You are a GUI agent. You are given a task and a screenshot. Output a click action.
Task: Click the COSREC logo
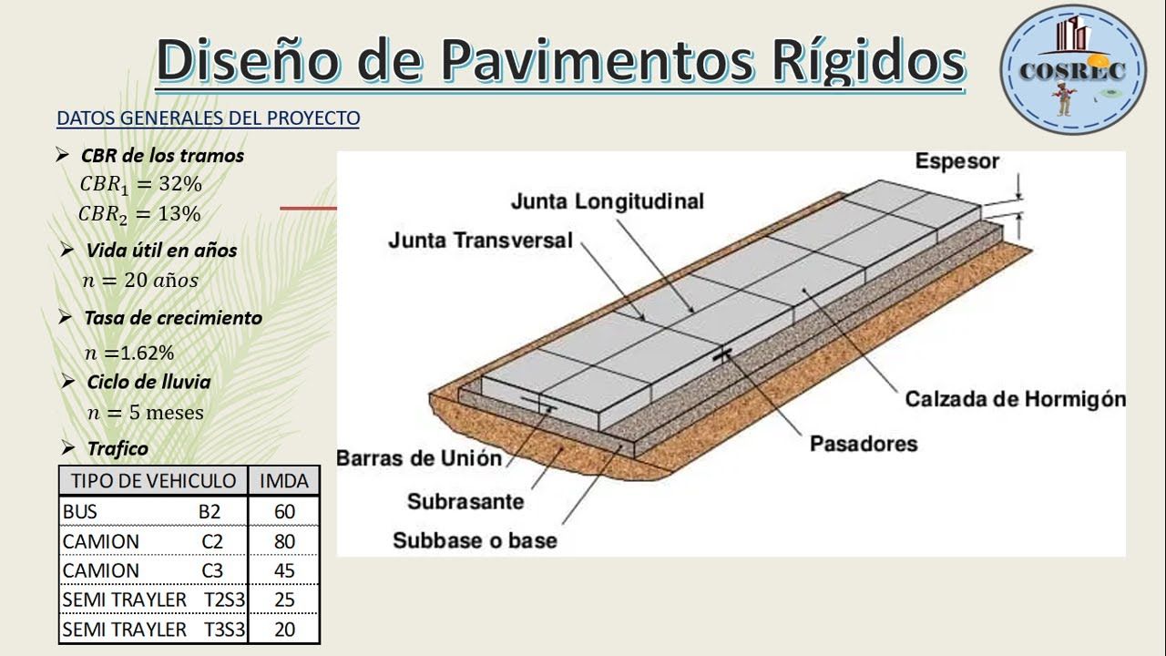click(1073, 69)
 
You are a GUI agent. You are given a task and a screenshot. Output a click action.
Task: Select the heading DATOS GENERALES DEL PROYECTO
click(208, 118)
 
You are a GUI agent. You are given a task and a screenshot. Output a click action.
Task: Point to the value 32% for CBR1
click(179, 184)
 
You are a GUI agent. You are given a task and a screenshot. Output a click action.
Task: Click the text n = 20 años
click(139, 281)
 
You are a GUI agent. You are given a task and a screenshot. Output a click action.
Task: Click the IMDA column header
click(284, 481)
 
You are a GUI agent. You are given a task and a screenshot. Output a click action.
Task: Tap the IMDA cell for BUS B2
click(284, 512)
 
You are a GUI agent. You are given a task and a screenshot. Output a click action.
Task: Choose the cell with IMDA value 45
click(284, 570)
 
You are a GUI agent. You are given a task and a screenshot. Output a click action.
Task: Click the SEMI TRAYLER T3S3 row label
click(152, 630)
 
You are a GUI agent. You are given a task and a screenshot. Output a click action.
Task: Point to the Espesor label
click(956, 162)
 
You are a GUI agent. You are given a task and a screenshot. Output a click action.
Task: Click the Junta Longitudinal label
click(607, 201)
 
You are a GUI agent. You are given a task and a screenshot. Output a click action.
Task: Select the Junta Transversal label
click(480, 241)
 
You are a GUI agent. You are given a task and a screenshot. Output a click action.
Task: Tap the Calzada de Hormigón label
click(1015, 399)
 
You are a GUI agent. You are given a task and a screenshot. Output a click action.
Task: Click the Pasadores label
click(863, 444)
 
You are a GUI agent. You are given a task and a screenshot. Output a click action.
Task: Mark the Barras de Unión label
click(419, 458)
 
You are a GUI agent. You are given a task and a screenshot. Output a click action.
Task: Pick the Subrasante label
click(465, 501)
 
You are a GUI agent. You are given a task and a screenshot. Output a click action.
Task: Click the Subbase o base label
click(475, 540)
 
